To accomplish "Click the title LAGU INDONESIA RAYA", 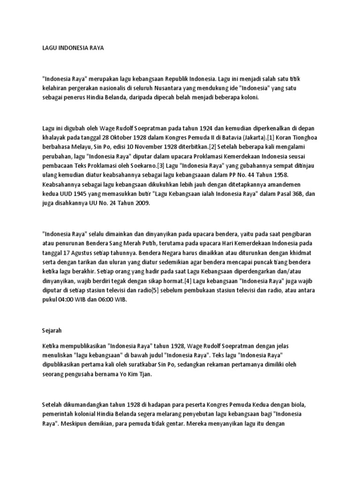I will coord(73,48).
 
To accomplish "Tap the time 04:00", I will coord(67,300).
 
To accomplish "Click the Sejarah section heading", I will coord(52,330).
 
